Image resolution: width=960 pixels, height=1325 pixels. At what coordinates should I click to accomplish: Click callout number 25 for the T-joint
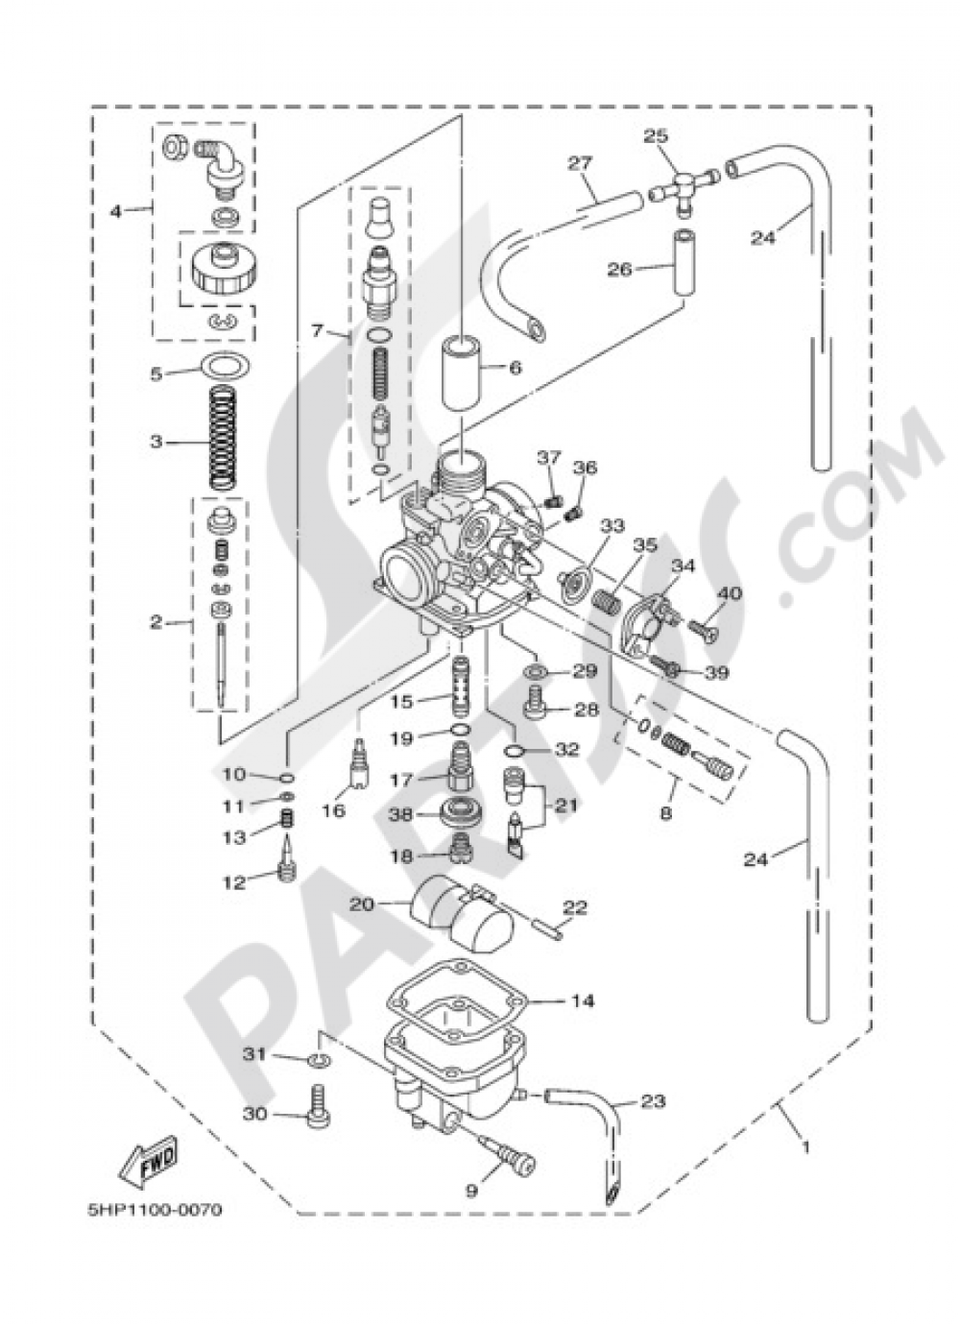coord(656,137)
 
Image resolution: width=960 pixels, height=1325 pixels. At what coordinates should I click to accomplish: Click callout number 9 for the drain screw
coord(471,1192)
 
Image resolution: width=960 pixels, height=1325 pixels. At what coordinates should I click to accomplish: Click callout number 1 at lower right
coord(805,1146)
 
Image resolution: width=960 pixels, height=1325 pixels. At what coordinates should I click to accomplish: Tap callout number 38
coord(399,813)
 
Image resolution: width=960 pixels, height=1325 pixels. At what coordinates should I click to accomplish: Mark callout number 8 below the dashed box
coord(666,813)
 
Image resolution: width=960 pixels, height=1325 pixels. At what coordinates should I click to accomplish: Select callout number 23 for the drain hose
coord(653,1102)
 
